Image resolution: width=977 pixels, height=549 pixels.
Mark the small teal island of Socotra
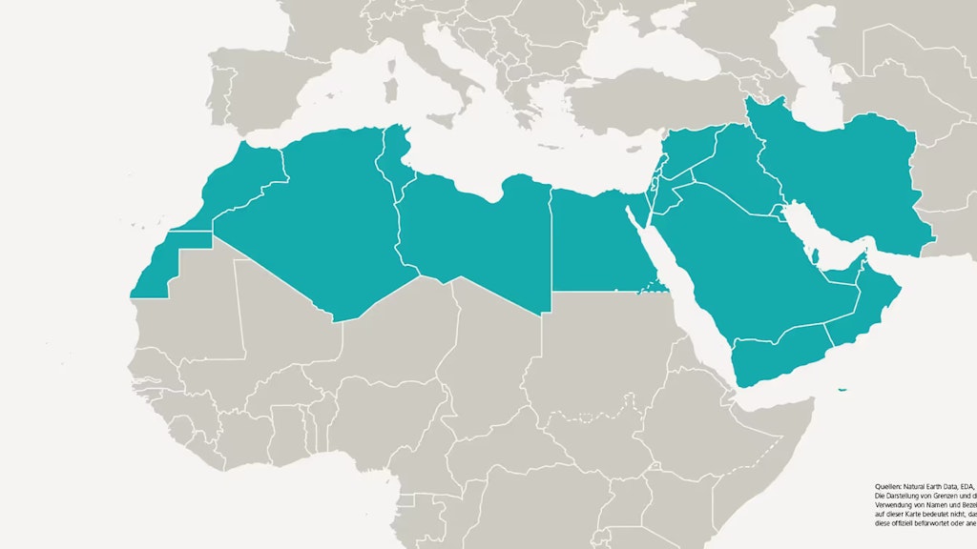pos(842,389)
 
